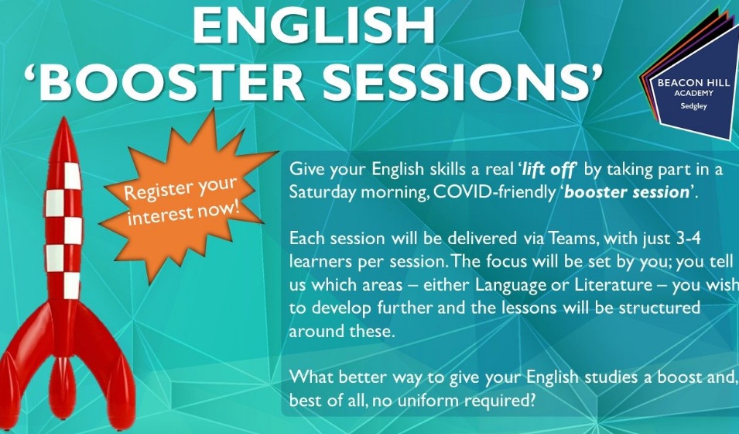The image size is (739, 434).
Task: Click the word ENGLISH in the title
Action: click(x=313, y=27)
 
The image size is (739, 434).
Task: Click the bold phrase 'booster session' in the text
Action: click(x=626, y=192)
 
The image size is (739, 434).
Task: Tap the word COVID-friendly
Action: click(x=491, y=192)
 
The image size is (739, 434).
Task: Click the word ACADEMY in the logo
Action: click(x=687, y=93)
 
